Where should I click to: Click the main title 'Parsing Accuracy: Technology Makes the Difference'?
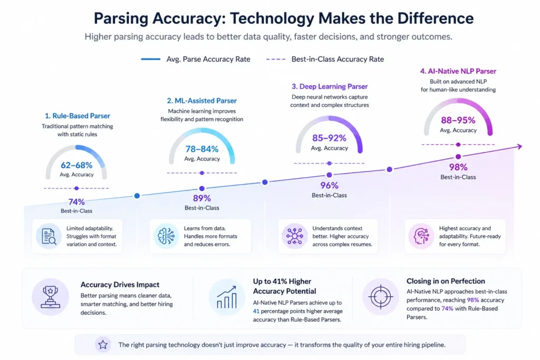coord(283,18)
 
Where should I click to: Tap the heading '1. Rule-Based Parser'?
coord(77,116)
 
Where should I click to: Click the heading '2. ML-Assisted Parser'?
coord(202,101)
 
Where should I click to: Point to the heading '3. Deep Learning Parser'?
coord(330,86)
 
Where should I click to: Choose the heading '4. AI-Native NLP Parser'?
coord(458,71)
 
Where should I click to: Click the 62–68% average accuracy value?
coord(77,165)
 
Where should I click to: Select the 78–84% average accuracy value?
coord(201,149)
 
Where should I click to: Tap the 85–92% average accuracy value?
coord(329,138)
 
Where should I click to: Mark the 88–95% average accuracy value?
coord(458,120)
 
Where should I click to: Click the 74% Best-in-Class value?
coord(77,201)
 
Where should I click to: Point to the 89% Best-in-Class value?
coord(202,198)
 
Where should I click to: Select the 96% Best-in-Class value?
coord(329,185)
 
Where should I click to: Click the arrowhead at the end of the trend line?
coord(519,147)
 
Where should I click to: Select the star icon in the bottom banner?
coord(103,345)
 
